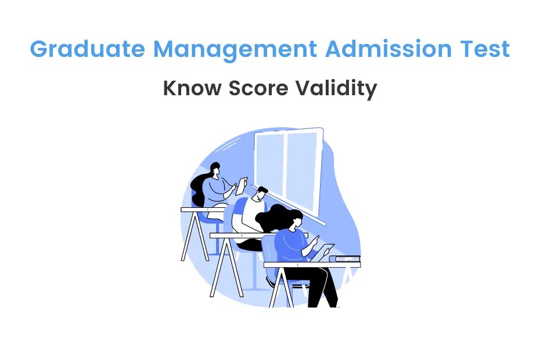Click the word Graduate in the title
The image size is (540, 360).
point(88,50)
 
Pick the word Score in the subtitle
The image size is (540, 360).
point(257,89)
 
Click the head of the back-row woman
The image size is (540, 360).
point(214,169)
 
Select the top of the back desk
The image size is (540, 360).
point(200,209)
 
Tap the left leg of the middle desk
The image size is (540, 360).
point(220,268)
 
